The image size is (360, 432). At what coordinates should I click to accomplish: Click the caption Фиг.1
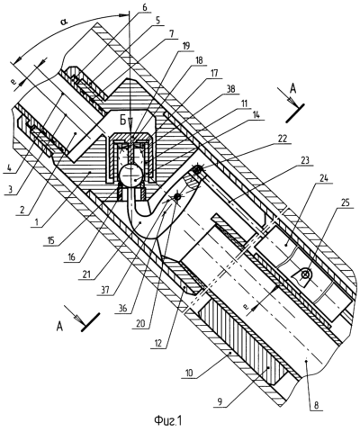point(168,420)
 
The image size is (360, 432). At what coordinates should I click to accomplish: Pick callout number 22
point(283,139)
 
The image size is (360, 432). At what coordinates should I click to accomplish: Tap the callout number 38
point(230,88)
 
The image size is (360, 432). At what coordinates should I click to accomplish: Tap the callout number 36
point(121,309)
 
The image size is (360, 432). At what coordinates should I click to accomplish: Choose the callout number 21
point(85,274)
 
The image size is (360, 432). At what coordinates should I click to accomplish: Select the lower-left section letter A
point(60,327)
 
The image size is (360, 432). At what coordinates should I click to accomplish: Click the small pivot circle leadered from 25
point(305,274)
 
